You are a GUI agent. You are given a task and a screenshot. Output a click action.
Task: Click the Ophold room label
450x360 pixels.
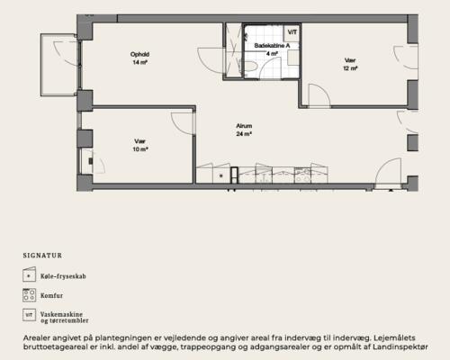click(x=139, y=54)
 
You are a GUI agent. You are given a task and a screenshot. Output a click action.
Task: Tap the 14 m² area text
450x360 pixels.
click(x=139, y=62)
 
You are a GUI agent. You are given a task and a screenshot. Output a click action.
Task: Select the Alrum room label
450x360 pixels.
click(x=244, y=126)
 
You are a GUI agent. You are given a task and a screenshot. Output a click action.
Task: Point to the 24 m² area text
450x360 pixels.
click(x=244, y=134)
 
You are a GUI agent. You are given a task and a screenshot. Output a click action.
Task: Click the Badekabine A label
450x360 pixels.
click(x=272, y=46)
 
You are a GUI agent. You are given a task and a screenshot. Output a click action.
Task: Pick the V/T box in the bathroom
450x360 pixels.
click(x=292, y=32)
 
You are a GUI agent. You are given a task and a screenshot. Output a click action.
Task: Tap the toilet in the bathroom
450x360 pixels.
click(x=251, y=66)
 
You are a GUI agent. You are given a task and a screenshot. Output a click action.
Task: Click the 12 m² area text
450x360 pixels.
click(x=350, y=68)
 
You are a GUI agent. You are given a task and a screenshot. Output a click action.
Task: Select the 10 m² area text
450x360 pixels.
click(x=140, y=149)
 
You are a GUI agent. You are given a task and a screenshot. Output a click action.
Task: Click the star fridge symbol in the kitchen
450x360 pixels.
click(x=221, y=176)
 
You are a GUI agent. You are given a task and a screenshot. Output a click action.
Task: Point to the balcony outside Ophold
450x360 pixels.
click(x=59, y=65)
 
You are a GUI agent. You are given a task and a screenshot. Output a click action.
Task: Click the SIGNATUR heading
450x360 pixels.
click(x=42, y=256)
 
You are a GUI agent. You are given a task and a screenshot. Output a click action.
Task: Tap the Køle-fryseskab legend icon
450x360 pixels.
click(x=29, y=274)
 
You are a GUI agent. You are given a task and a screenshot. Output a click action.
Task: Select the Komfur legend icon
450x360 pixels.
click(x=29, y=295)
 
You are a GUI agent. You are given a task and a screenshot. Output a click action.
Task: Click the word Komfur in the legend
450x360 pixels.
click(x=52, y=295)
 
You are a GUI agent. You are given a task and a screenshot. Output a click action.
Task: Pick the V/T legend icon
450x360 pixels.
click(x=29, y=315)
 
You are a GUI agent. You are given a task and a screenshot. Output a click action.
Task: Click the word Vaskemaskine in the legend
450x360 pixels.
click(x=61, y=314)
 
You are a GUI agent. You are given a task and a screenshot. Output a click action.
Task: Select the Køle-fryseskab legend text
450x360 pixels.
click(x=63, y=276)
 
